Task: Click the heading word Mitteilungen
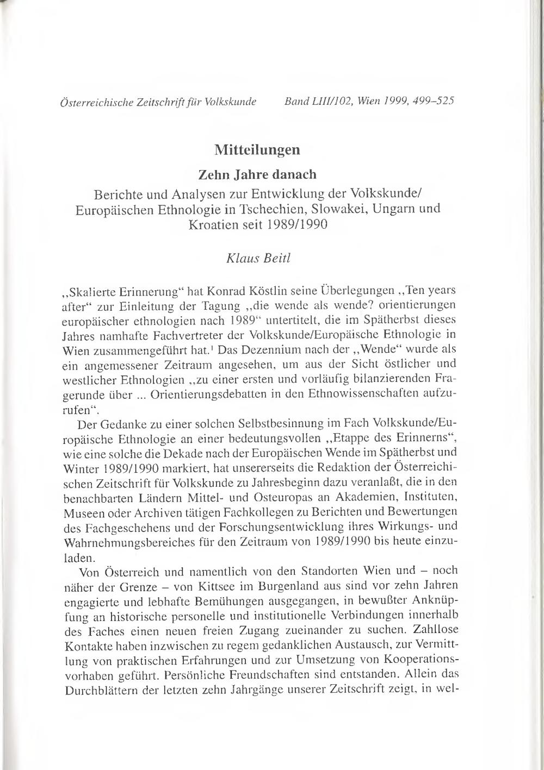(257, 149)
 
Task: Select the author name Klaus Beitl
(258, 258)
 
